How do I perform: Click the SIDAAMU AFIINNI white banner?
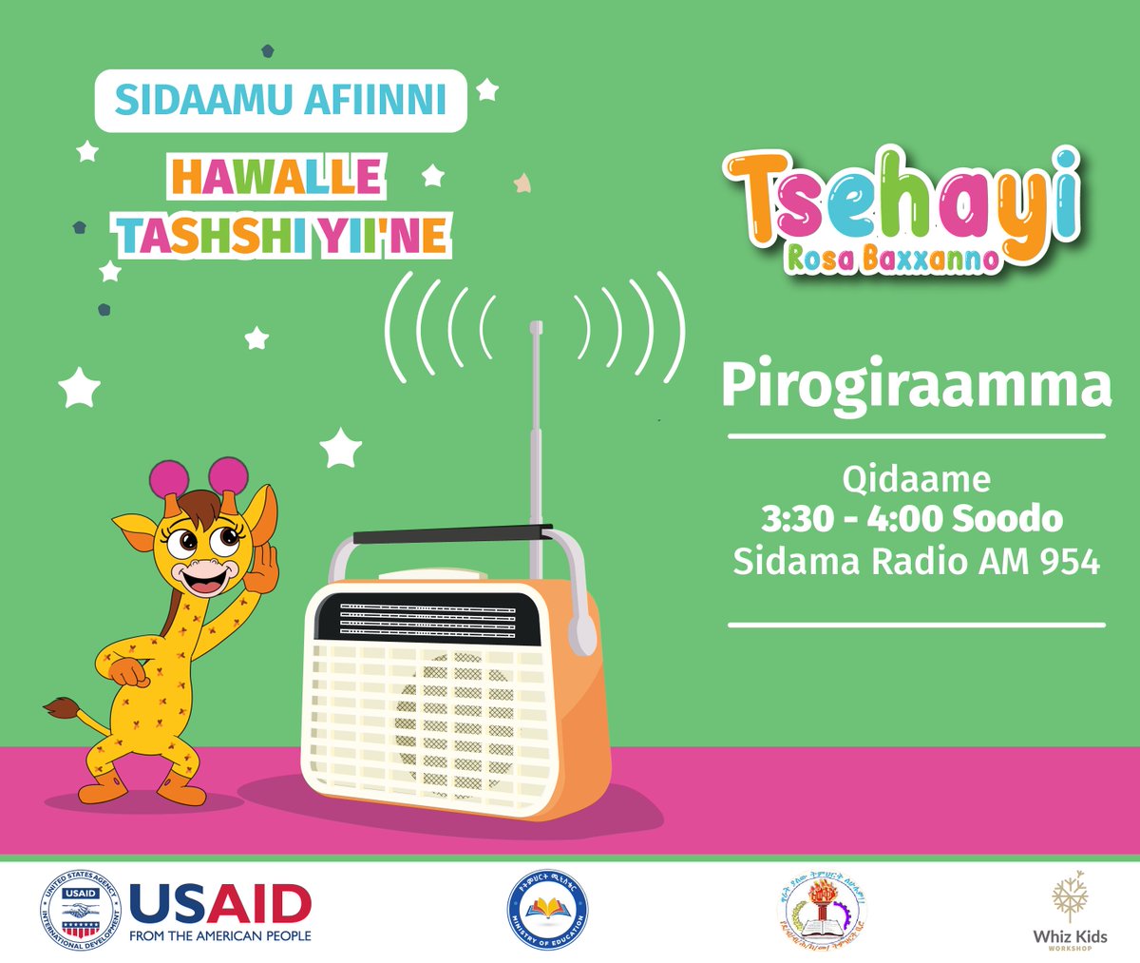[280, 101]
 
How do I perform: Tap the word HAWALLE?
[276, 177]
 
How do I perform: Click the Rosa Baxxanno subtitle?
[892, 258]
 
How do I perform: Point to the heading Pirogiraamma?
[915, 386]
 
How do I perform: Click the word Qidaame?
[916, 478]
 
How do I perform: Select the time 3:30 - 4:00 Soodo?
[912, 519]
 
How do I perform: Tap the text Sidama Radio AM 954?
[916, 561]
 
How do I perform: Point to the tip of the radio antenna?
[536, 328]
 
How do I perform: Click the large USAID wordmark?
[219, 903]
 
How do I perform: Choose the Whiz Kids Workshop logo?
[1070, 908]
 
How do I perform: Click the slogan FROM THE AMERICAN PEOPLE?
[219, 936]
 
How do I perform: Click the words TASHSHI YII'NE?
[283, 235]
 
